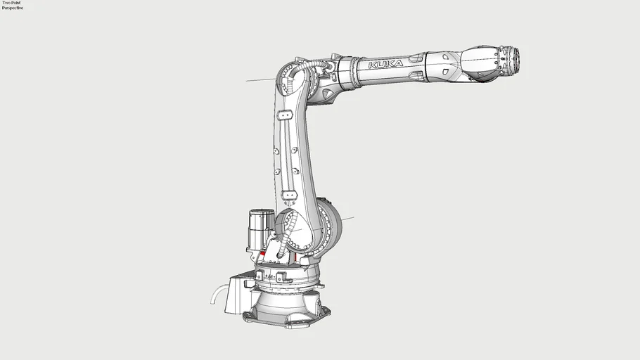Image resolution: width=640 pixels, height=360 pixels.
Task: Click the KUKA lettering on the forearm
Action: tap(385, 64)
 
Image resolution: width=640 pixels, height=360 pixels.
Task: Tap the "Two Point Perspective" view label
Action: tap(12, 5)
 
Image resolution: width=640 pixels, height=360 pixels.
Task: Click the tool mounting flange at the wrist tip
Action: tap(516, 60)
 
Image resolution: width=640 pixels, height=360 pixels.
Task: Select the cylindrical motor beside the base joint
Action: tap(260, 230)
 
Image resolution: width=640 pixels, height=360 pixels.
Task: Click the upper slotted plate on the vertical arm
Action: tap(285, 115)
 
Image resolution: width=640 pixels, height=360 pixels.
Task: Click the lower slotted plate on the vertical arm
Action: tap(289, 195)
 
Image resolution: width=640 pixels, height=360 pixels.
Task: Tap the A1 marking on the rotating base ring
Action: tap(270, 277)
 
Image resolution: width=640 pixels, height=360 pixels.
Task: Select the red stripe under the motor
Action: tap(263, 254)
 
